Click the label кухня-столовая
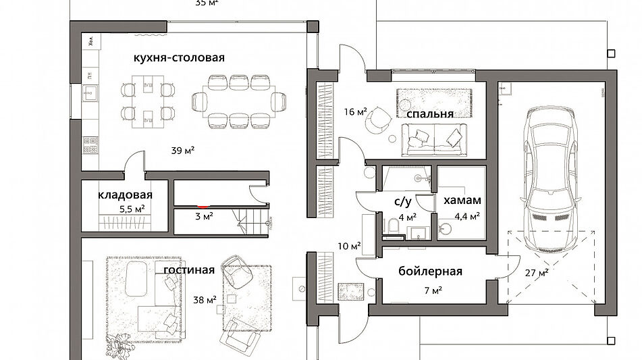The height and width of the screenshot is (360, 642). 179,57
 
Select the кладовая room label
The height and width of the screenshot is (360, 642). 125,195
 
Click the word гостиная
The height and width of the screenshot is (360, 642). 189,270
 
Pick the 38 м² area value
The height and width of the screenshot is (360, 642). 204,299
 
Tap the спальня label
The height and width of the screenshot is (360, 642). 429,113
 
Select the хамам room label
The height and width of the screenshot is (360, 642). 462,201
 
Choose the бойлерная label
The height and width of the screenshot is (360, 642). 430,272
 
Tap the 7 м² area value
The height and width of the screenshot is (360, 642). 433,291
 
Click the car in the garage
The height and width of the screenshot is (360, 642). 552,165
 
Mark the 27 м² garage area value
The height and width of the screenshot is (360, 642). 536,273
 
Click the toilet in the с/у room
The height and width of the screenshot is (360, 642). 391,225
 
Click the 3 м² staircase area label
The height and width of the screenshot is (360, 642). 204,217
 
